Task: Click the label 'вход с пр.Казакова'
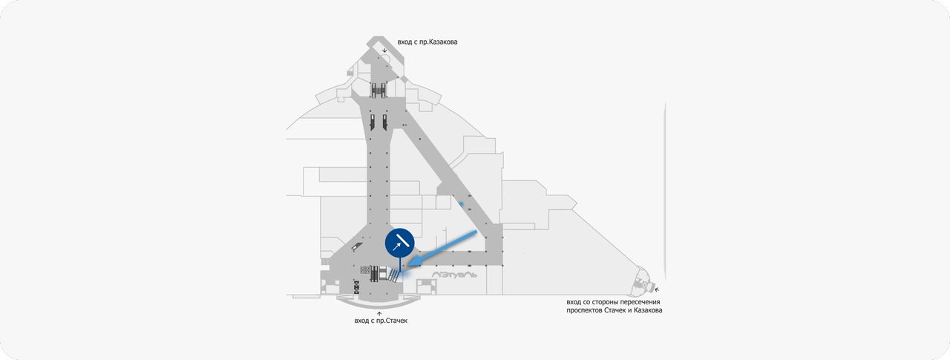[427, 42]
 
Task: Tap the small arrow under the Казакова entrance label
[384, 50]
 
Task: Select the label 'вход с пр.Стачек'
[381, 321]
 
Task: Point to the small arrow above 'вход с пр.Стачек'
[379, 313]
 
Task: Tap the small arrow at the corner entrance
[657, 289]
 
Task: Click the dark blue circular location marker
[399, 243]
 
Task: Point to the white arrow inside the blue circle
[397, 246]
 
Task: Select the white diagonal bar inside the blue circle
[403, 239]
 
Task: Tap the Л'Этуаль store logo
[453, 275]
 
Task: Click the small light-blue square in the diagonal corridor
[461, 204]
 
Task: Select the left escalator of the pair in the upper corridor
[372, 122]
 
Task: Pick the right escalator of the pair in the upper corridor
[384, 122]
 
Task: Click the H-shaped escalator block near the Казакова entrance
[378, 91]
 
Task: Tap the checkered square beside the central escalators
[364, 269]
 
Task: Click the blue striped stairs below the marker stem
[394, 275]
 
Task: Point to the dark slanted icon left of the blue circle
[357, 246]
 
